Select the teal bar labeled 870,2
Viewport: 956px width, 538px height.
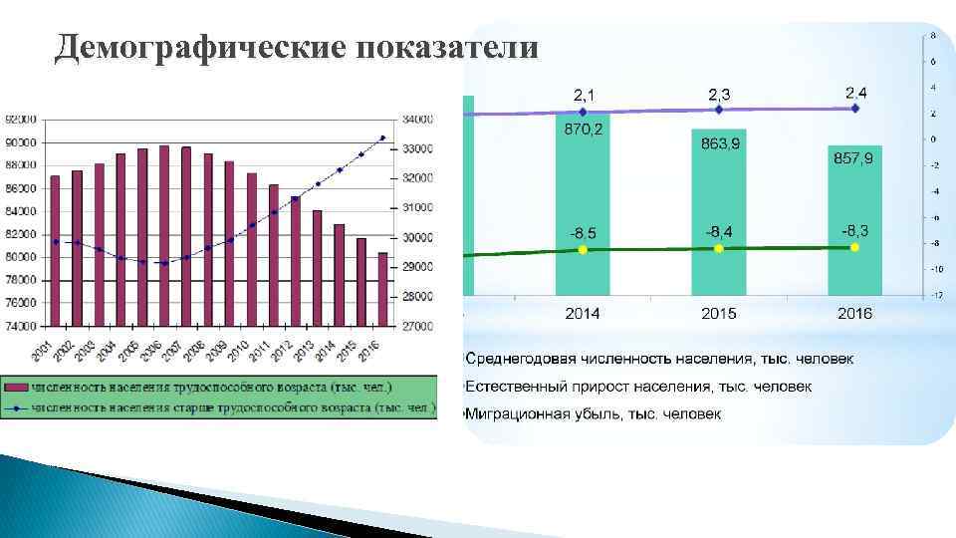point(583,209)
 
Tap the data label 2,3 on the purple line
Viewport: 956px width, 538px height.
point(718,94)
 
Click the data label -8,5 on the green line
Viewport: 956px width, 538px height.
point(583,233)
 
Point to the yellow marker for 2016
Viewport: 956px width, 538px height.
point(854,247)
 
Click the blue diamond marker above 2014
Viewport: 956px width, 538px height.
point(583,112)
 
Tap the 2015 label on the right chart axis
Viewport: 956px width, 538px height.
point(718,314)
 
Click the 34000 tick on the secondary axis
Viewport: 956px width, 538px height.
point(418,120)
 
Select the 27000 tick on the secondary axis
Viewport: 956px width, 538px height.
point(418,326)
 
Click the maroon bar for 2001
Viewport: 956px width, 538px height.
point(55,250)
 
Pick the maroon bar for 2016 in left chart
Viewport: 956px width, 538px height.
point(382,289)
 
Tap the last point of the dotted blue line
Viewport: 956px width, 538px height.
point(382,137)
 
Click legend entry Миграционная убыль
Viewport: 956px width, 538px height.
point(593,412)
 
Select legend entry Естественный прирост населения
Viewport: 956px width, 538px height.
point(637,386)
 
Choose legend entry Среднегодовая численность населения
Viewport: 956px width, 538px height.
point(657,358)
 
